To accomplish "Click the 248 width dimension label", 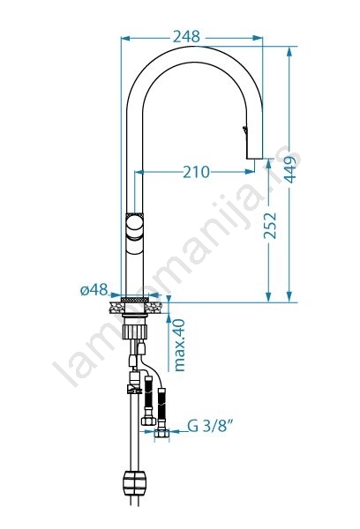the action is click(186, 36).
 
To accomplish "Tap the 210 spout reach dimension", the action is click(196, 172).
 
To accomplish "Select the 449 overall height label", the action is click(289, 169).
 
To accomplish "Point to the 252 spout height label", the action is click(270, 226).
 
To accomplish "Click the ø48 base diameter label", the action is click(94, 289).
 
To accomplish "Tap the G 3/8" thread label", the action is click(210, 426).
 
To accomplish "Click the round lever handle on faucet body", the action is click(134, 227).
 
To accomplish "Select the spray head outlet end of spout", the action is click(254, 157).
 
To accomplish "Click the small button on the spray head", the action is click(244, 130).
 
